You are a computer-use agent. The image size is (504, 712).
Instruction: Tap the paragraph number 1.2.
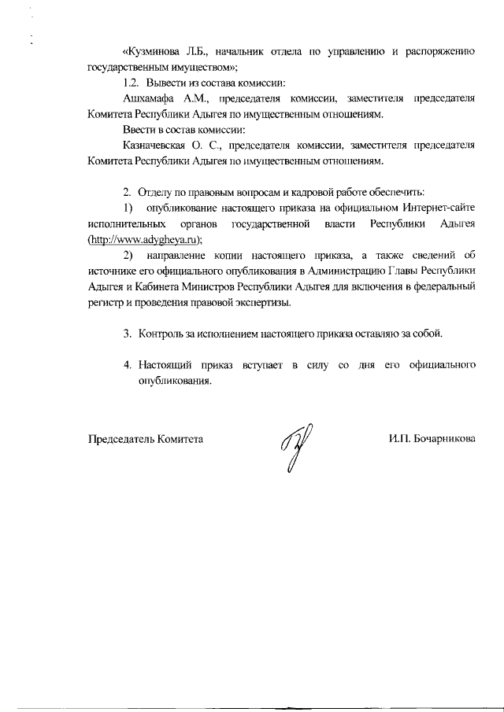point(132,83)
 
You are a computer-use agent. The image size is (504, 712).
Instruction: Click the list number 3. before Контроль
point(127,334)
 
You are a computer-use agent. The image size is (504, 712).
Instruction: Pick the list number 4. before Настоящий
point(127,366)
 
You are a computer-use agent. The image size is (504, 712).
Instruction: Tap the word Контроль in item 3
point(162,334)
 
